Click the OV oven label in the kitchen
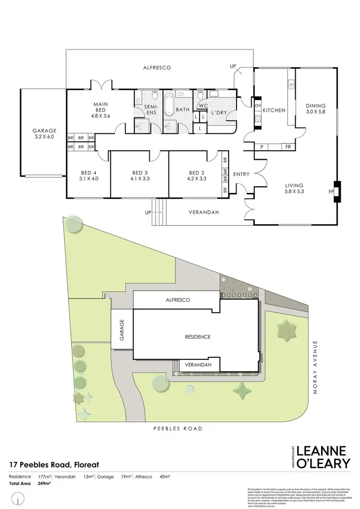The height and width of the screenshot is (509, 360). pos(258,106)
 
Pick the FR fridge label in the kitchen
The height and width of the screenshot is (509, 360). pos(288,147)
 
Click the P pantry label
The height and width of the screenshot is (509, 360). pos(262,147)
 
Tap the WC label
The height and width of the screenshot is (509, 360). pos(203,106)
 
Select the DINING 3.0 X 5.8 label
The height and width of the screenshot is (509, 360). pos(315,110)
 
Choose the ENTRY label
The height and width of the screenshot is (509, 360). pos(241,174)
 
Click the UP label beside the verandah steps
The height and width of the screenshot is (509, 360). pos(148,212)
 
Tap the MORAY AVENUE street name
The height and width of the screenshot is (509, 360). pos(315,367)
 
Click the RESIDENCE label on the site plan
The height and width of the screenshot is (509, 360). pos(198,337)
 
